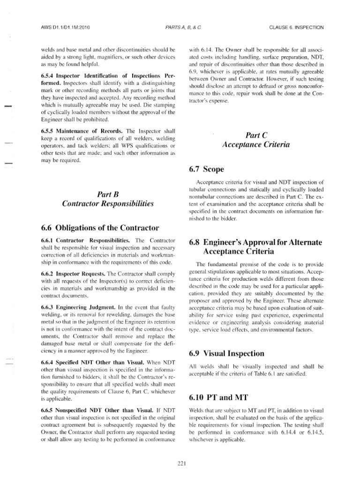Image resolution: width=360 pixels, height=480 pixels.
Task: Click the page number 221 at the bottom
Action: tap(182, 464)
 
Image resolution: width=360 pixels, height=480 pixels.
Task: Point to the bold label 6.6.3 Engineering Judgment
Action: tap(76, 307)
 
